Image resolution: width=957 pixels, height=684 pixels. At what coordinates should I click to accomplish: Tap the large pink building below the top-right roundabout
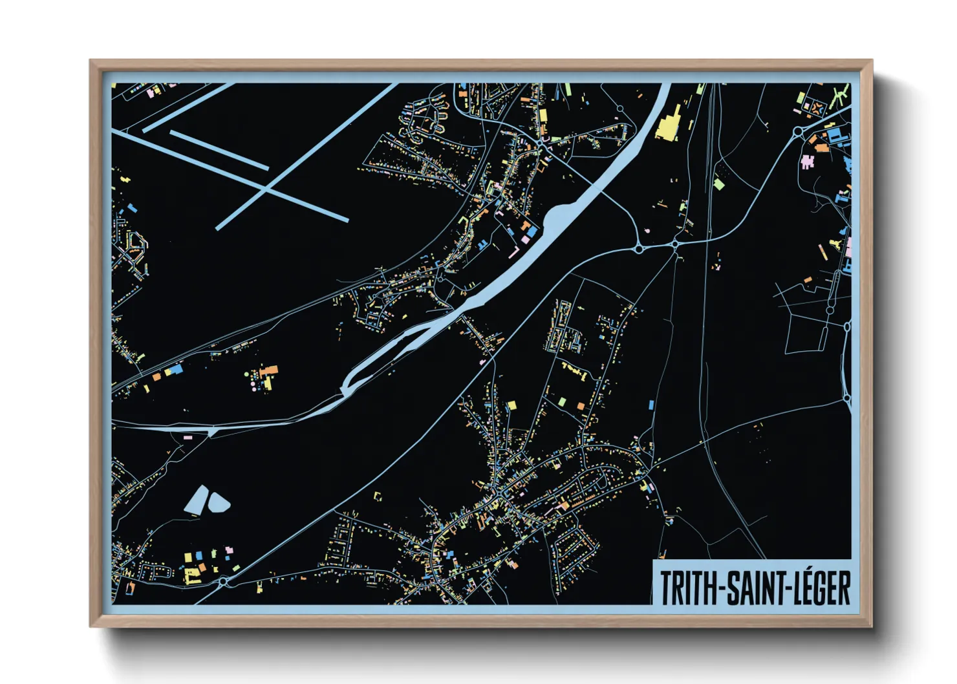(806, 161)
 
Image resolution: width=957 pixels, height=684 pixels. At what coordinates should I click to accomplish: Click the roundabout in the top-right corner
(798, 132)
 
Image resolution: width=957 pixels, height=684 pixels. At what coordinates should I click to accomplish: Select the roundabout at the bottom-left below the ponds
(223, 582)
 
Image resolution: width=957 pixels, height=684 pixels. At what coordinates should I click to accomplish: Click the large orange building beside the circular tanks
(269, 371)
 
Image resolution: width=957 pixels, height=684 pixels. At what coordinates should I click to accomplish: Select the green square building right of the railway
(718, 184)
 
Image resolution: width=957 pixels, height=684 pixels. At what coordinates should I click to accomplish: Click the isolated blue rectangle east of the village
(651, 405)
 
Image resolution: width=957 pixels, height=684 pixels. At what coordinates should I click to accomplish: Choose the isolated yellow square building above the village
(511, 405)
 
